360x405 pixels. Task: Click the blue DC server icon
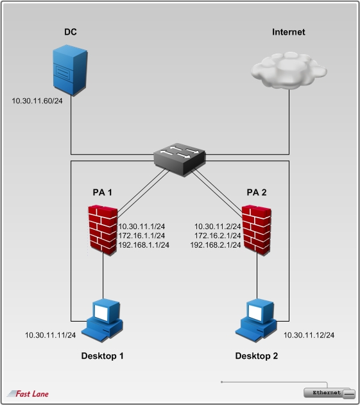coord(70,70)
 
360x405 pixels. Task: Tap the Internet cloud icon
coord(289,71)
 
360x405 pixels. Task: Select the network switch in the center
coord(180,159)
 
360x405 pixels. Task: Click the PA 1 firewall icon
coord(103,230)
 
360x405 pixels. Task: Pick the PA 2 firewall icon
coord(257,230)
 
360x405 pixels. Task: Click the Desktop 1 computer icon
coord(102,320)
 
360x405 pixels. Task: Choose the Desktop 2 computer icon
coord(256,320)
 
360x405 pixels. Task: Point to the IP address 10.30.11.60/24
coord(37,101)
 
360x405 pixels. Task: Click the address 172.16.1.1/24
coord(142,236)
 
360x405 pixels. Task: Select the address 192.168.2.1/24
coord(216,245)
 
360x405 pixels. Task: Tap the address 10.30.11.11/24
coord(50,335)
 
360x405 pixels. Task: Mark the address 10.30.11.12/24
coord(309,335)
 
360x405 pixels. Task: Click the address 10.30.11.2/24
coord(218,227)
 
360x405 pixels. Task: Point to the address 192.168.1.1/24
coord(144,245)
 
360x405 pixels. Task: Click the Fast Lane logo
coord(28,393)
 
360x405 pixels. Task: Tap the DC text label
coord(70,31)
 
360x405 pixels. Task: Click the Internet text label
coord(289,31)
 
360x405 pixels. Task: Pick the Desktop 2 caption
coord(257,356)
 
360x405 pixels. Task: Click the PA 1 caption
coord(102,193)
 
